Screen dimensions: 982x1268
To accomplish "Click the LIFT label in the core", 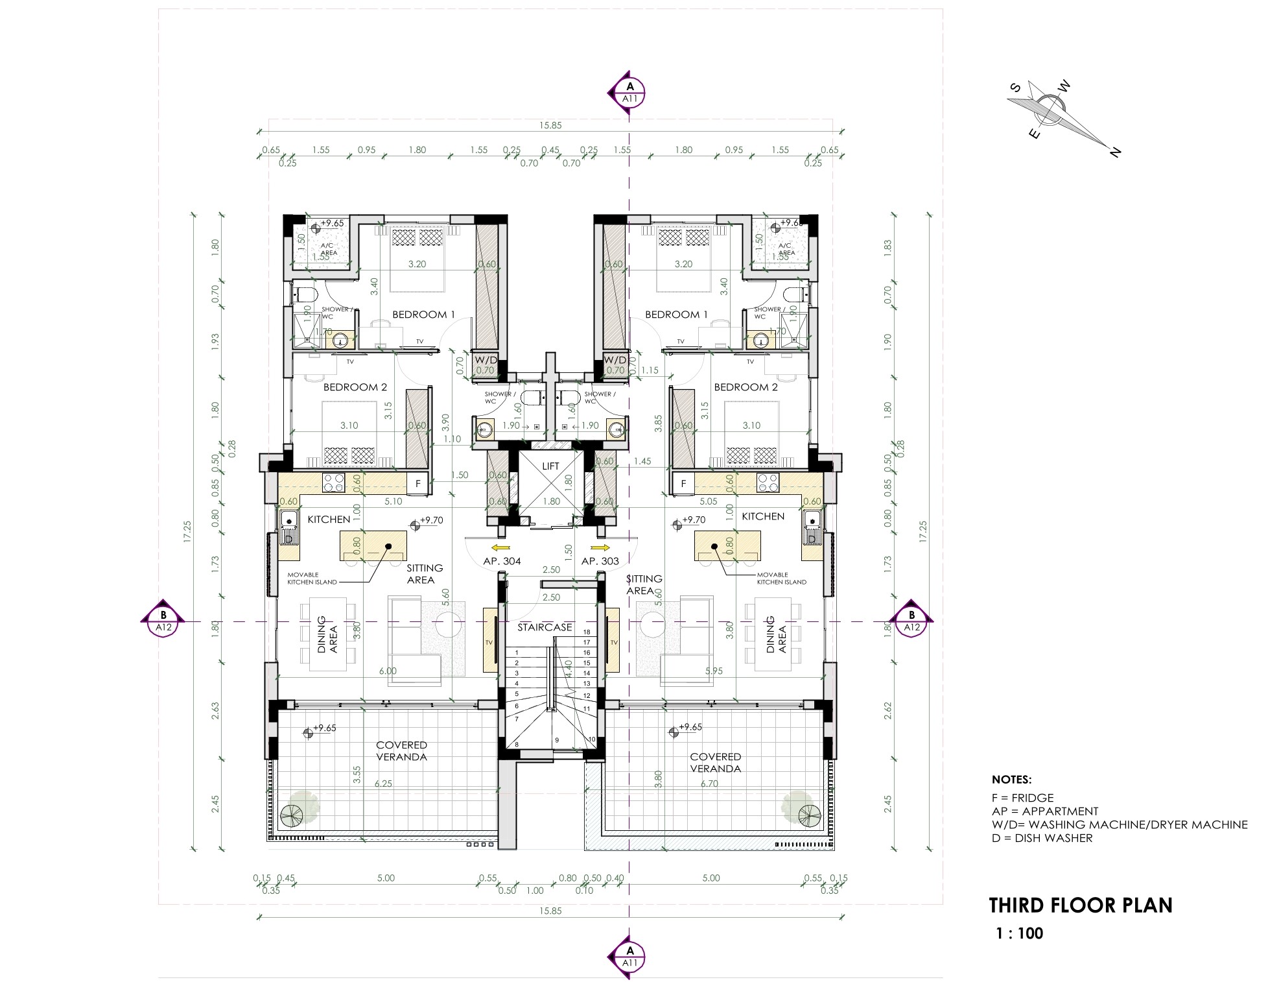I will [550, 466].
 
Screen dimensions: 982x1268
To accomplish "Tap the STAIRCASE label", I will [545, 627].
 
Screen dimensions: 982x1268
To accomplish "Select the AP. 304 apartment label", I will [502, 561].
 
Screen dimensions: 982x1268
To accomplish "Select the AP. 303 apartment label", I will [600, 561].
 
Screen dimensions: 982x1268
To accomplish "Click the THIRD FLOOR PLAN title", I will [1081, 905].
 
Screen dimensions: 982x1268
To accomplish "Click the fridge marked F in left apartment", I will [418, 483].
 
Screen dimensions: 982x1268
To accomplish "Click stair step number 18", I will [587, 632].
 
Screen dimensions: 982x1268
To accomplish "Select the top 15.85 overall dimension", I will [549, 125].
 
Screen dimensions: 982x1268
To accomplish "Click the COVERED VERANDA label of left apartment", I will [401, 751].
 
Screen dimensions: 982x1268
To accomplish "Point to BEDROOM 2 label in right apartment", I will [746, 387].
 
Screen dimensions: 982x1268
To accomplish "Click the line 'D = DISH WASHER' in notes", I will [1042, 838].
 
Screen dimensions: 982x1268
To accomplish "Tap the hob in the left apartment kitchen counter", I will [334, 483].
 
